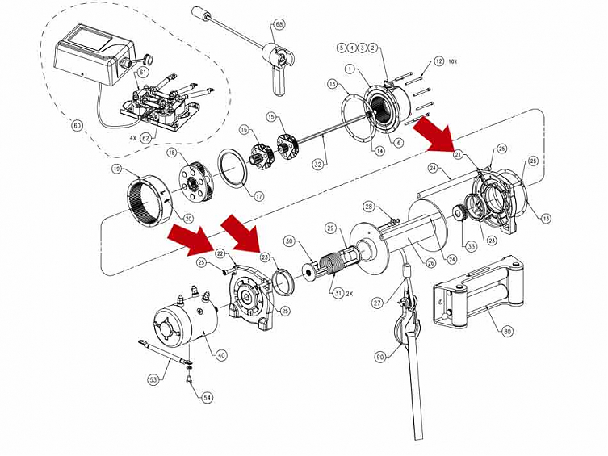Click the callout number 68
279,25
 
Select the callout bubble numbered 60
77,127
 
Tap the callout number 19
117,169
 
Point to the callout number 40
221,353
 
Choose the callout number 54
208,398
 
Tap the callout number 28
368,207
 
